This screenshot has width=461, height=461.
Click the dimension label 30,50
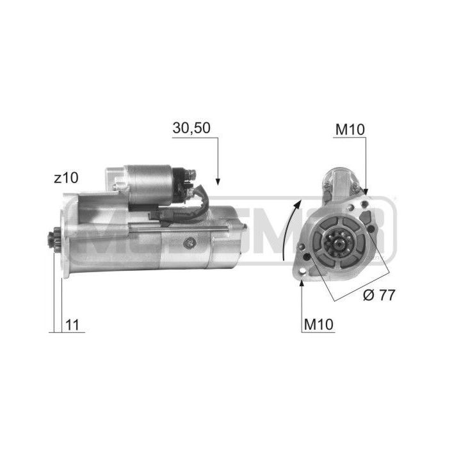click(191, 128)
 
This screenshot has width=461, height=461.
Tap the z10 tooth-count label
click(66, 177)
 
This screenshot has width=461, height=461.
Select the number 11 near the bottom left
click(72, 325)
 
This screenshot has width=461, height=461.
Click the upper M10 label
click(350, 129)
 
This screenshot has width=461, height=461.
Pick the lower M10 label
click(319, 324)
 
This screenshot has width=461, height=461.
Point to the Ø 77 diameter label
click(379, 295)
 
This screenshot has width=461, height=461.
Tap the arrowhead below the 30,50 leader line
click(218, 182)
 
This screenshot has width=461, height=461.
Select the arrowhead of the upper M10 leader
click(366, 191)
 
